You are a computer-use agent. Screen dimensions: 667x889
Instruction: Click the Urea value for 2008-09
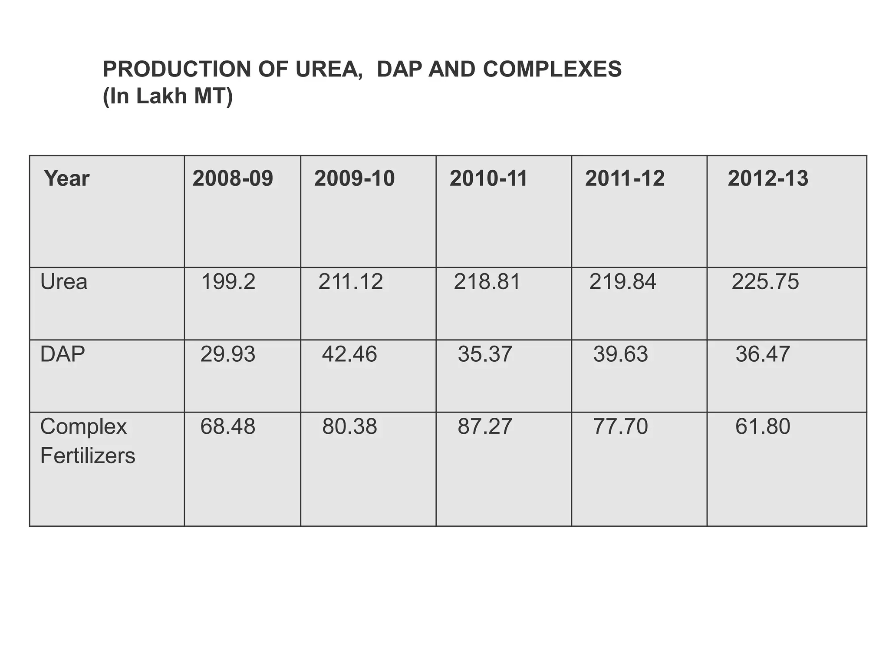228,282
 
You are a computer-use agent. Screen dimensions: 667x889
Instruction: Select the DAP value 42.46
349,354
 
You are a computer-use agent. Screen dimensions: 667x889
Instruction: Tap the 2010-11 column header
488,178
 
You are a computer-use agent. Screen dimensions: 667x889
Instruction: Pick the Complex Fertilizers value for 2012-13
762,426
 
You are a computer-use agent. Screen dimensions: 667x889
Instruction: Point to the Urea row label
64,282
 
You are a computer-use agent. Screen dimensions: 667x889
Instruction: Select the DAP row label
63,354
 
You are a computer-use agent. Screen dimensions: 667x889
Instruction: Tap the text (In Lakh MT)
168,96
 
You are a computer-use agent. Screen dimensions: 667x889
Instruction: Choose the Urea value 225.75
765,282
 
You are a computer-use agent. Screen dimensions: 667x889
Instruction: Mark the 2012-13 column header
767,178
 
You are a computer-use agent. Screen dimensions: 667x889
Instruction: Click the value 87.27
485,426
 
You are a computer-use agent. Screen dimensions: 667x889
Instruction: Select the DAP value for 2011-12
620,354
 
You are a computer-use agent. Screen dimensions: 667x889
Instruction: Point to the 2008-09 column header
233,178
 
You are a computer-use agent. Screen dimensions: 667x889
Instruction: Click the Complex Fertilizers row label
87,441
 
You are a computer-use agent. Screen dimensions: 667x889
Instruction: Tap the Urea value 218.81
487,282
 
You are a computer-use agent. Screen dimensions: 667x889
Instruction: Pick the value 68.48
227,426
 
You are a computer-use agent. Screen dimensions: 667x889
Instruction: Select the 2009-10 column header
354,178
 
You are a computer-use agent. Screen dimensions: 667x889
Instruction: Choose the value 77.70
620,426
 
